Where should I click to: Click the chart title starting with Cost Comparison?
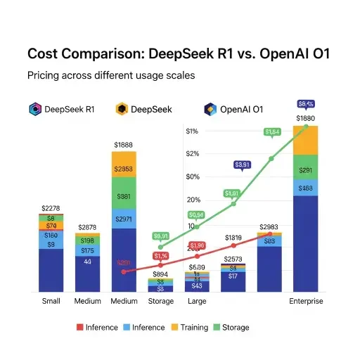[179, 54]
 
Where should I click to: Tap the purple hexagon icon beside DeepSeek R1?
[34, 109]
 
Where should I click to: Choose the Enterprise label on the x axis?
[306, 302]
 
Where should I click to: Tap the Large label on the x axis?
[196, 302]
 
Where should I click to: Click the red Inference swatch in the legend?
[79, 327]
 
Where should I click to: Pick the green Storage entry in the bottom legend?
[233, 327]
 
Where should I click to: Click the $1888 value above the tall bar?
[124, 144]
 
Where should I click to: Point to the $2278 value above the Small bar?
[51, 208]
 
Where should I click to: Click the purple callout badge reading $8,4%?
[306, 103]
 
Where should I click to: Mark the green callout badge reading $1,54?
[271, 131]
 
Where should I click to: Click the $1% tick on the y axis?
[192, 131]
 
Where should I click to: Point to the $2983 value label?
[269, 227]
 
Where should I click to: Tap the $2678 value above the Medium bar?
[87, 227]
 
